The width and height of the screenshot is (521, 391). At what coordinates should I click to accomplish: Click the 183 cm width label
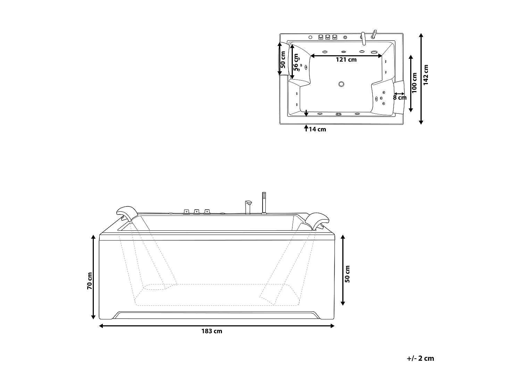[x=212, y=331]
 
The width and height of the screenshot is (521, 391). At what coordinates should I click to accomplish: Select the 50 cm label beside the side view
[x=348, y=274]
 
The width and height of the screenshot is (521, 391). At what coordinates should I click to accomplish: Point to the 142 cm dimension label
[x=426, y=74]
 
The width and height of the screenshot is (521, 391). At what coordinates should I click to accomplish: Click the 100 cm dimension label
[x=414, y=83]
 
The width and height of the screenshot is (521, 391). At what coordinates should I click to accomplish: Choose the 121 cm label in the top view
[x=346, y=60]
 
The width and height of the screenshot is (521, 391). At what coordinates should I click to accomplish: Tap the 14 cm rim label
[x=317, y=129]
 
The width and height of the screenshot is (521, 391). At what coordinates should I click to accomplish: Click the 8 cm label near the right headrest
[x=399, y=98]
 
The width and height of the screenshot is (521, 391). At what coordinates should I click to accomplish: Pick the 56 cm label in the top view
[x=296, y=63]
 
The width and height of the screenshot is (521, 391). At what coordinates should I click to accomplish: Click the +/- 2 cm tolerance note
[x=420, y=358]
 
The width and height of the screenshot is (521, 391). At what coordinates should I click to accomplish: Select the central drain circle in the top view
[x=341, y=84]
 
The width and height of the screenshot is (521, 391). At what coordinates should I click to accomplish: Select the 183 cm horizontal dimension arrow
[x=216, y=326]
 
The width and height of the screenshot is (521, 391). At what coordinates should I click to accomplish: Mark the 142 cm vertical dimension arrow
[x=421, y=79]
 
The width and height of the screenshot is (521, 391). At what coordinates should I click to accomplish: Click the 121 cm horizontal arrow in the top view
[x=346, y=56]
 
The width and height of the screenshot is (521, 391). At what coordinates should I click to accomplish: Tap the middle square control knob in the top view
[x=327, y=37]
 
